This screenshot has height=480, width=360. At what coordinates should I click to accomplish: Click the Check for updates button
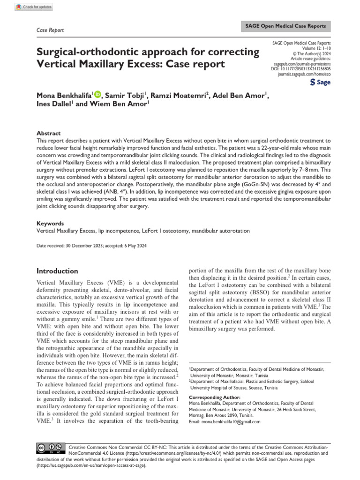point(33,7)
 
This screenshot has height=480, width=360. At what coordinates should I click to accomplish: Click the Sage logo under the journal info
point(321,83)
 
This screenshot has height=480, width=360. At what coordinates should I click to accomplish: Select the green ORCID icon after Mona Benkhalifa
point(97,95)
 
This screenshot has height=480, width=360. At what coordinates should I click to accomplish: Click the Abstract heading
point(48,133)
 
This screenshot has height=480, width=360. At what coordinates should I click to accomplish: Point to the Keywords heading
point(50,224)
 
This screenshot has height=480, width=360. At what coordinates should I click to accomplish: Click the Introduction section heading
point(57,271)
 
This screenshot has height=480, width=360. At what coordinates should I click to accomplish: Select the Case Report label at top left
point(50,30)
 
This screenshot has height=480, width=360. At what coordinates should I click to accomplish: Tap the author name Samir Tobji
point(124,96)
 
